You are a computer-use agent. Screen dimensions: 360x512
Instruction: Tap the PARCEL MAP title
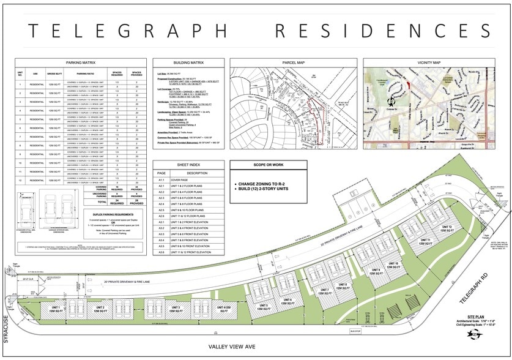point(293,62)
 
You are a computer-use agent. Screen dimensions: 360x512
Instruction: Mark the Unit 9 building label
point(375,272)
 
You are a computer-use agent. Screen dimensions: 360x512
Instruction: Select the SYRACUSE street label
point(6,331)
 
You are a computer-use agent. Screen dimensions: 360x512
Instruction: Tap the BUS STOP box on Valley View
point(355,331)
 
